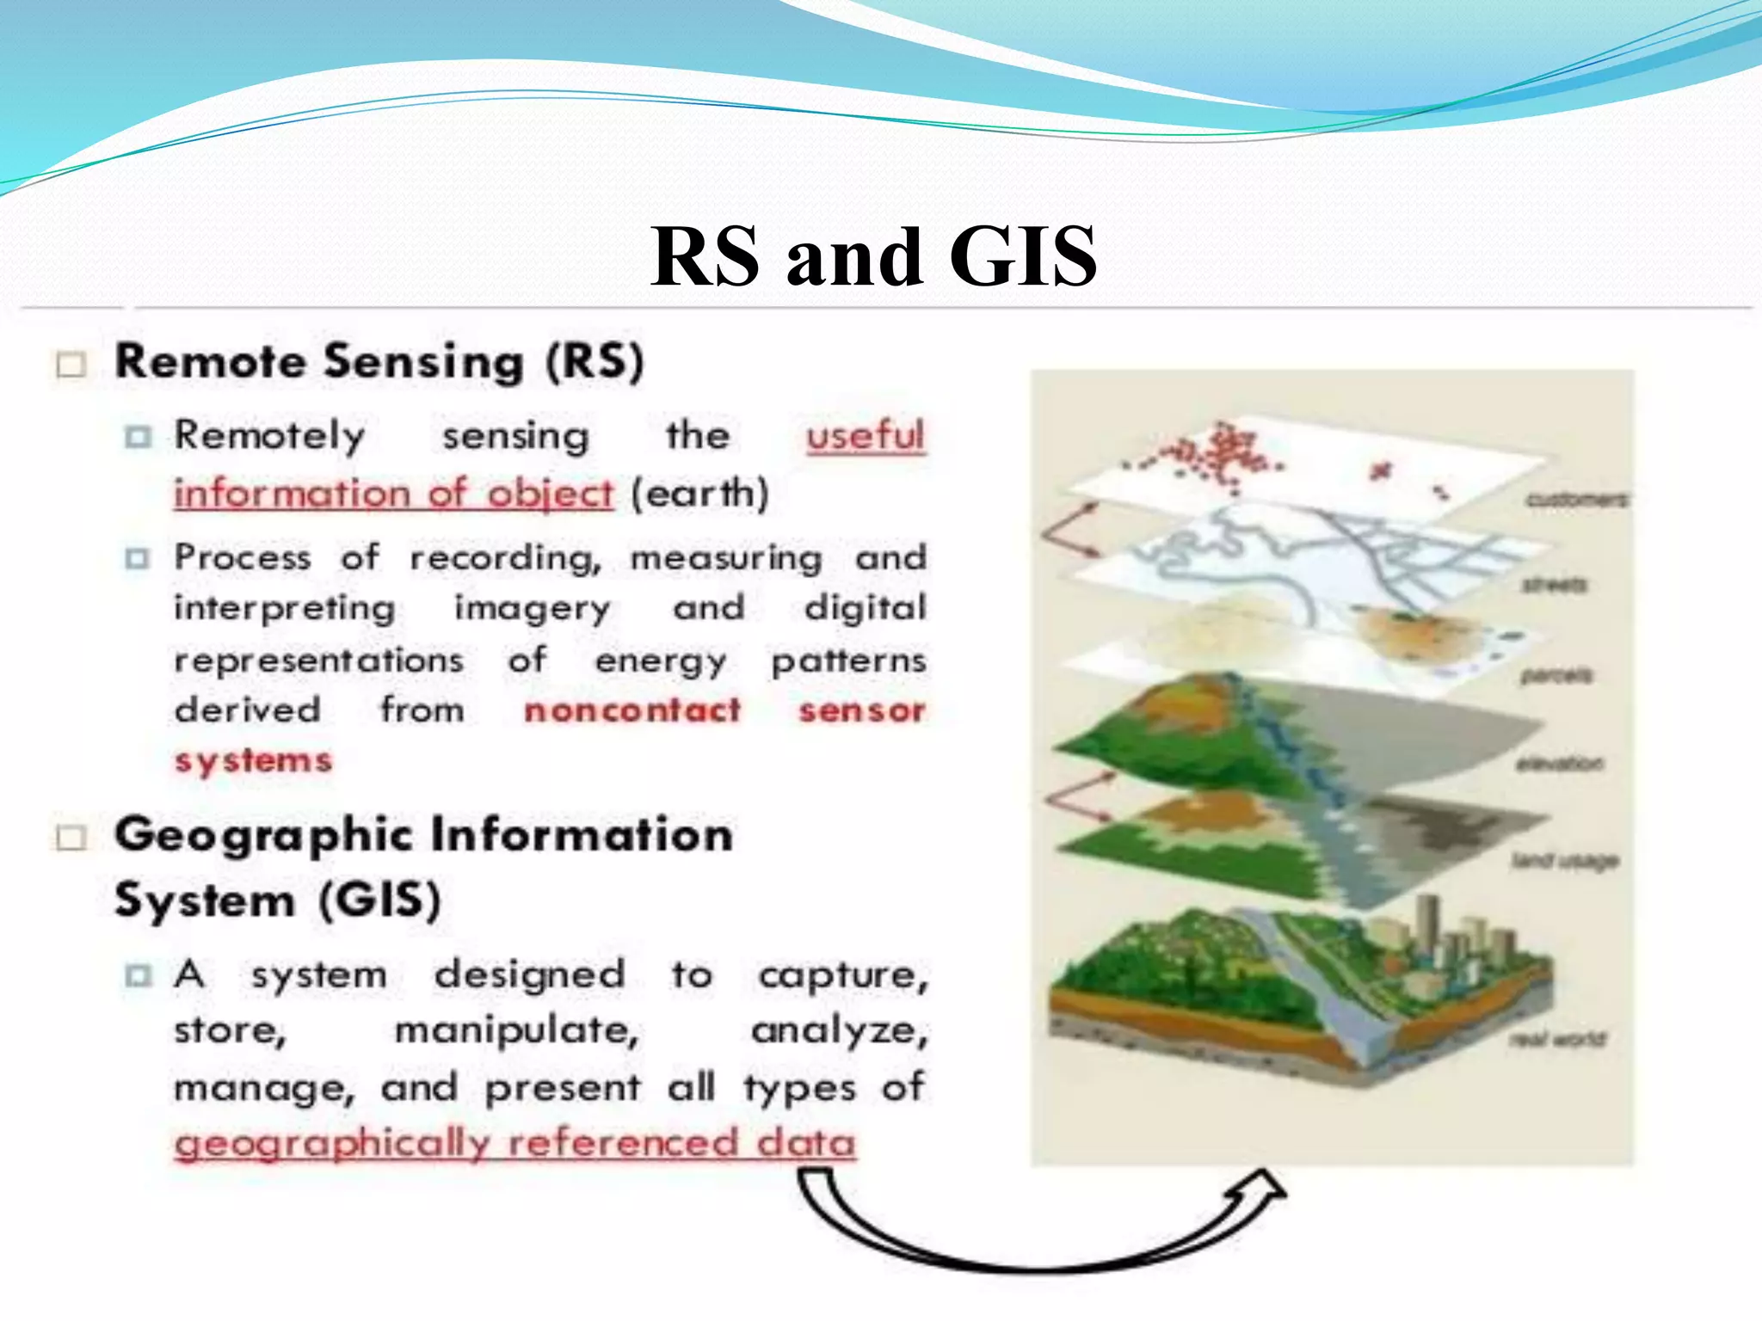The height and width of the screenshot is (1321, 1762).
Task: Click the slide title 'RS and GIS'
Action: pyautogui.click(x=872, y=256)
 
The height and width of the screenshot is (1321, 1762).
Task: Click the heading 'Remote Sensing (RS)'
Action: pyautogui.click(x=379, y=362)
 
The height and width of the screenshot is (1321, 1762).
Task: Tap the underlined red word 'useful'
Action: pyautogui.click(x=865, y=435)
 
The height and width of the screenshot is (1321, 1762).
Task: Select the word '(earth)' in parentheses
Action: pyautogui.click(x=699, y=494)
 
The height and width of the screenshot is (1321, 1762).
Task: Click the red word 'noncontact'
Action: pyautogui.click(x=632, y=710)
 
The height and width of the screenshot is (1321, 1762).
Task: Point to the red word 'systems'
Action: pyautogui.click(x=253, y=761)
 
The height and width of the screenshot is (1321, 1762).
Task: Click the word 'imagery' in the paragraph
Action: pyautogui.click(x=533, y=609)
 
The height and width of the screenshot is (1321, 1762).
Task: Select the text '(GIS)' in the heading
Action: pyautogui.click(x=379, y=901)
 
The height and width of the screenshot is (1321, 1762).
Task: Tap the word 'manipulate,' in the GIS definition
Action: pyautogui.click(x=516, y=1030)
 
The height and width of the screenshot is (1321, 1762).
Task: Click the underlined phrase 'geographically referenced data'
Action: pyautogui.click(x=514, y=1144)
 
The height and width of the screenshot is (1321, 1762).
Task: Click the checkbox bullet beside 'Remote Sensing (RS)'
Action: pyautogui.click(x=71, y=365)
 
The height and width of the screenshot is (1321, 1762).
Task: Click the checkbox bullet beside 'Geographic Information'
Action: pyautogui.click(x=71, y=838)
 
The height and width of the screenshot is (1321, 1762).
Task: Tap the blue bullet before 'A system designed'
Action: pyautogui.click(x=137, y=976)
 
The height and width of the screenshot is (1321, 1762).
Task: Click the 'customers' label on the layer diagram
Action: pyautogui.click(x=1576, y=500)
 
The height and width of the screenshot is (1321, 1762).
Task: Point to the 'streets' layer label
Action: pyautogui.click(x=1554, y=585)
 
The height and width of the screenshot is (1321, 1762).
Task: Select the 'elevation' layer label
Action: pyautogui.click(x=1559, y=763)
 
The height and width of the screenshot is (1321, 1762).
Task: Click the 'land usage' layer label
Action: pyautogui.click(x=1565, y=860)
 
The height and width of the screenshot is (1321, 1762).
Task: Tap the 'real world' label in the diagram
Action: pyautogui.click(x=1557, y=1039)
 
